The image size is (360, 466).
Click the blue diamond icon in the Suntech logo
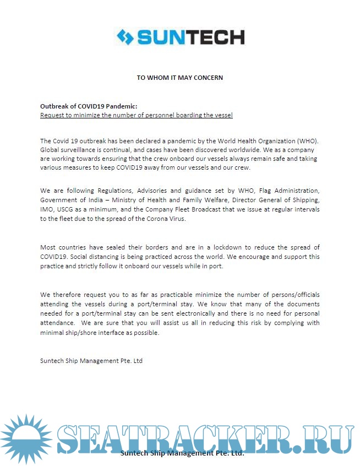click(x=125, y=37)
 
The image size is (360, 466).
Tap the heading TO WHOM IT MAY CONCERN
click(x=180, y=78)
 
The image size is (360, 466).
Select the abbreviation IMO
click(x=47, y=209)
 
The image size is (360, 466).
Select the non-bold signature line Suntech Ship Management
click(x=91, y=361)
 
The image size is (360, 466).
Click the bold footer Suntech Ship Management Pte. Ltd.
click(x=182, y=453)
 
